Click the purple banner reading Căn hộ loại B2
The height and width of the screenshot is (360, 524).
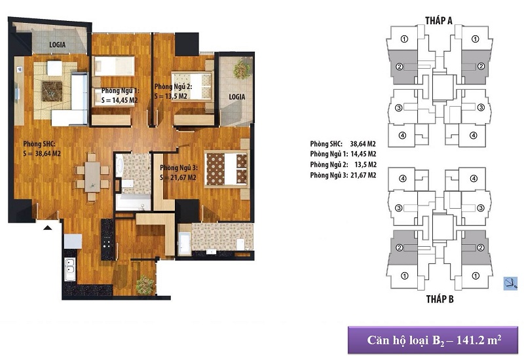pos(433,340)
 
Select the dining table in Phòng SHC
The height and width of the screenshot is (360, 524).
pos(92,175)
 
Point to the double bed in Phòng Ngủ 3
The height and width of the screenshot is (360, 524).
pos(226,168)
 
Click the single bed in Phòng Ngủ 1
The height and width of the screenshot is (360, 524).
pos(115,67)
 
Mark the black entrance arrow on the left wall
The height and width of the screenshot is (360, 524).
pos(47,227)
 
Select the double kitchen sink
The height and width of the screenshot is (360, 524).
pos(70,270)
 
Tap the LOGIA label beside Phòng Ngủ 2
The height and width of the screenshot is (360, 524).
pos(236,96)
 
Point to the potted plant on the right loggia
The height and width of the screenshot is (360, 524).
pos(243,68)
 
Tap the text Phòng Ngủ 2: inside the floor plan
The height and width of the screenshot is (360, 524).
pos(171,86)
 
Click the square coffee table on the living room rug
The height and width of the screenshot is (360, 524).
pos(52,91)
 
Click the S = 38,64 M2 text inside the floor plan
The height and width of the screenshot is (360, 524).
pos(42,154)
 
